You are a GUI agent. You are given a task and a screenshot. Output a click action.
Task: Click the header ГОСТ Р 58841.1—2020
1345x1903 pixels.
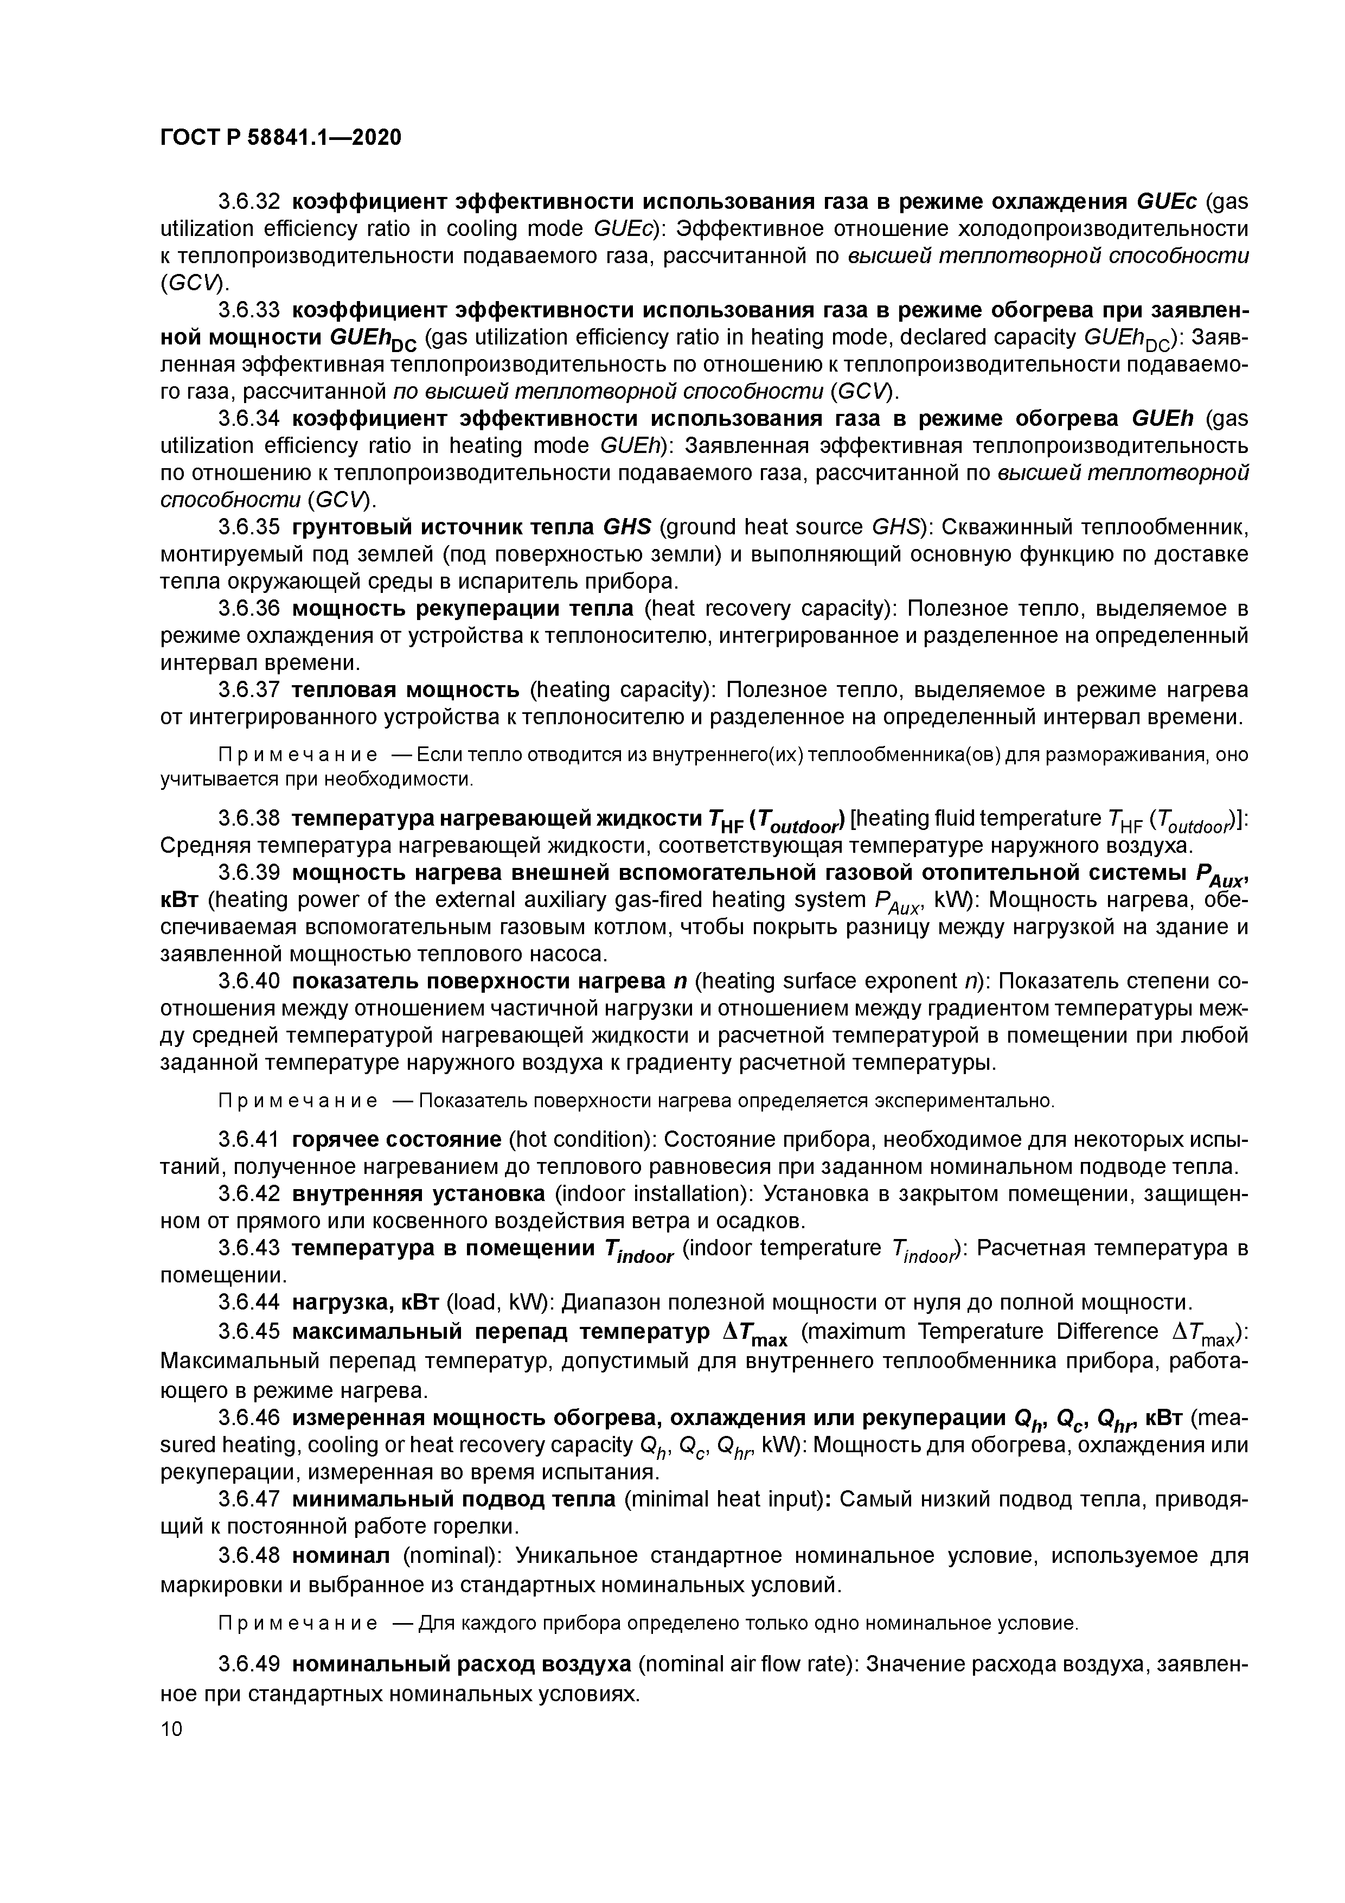pyautogui.click(x=280, y=137)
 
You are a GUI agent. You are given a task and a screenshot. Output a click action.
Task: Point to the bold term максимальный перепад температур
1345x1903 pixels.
pyautogui.click(x=501, y=1331)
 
